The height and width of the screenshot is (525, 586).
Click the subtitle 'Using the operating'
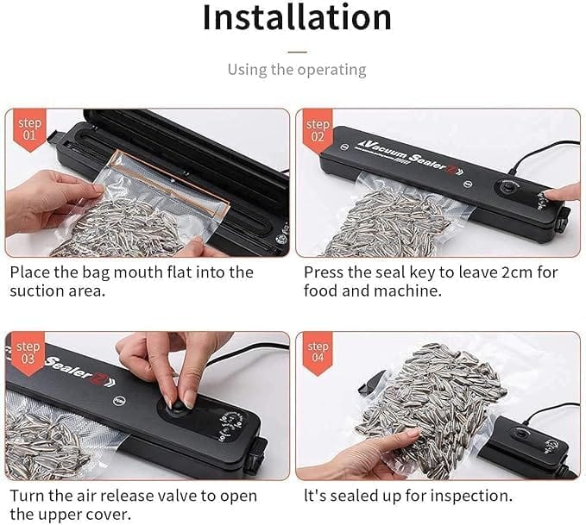296,69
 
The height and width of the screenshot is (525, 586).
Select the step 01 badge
28,130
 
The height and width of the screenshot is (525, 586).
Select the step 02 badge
318,130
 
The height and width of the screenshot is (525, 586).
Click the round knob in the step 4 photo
523,431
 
